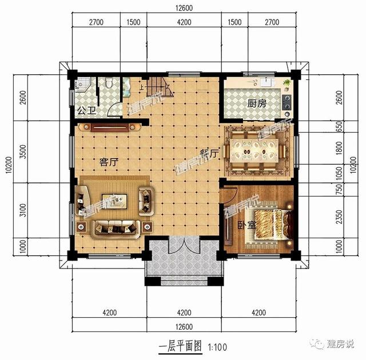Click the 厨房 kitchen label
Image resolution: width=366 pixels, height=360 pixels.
(x=257, y=104)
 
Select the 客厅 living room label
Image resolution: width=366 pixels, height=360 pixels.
(x=108, y=162)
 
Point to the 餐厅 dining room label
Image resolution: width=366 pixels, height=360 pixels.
(x=209, y=154)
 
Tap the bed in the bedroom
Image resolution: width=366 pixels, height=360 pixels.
(x=269, y=225)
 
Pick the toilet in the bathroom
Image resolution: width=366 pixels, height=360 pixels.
(x=107, y=86)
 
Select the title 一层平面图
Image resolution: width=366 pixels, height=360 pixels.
(x=180, y=346)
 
